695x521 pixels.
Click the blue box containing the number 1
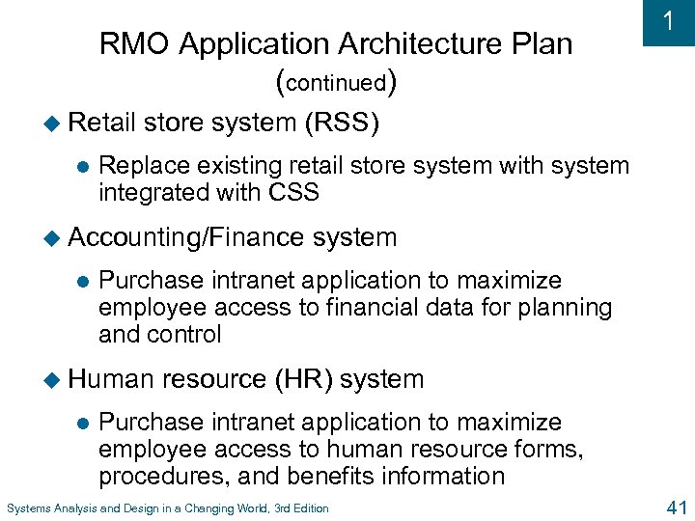click(667, 23)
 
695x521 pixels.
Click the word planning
click(563, 308)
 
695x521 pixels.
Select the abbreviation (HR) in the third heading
click(302, 379)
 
